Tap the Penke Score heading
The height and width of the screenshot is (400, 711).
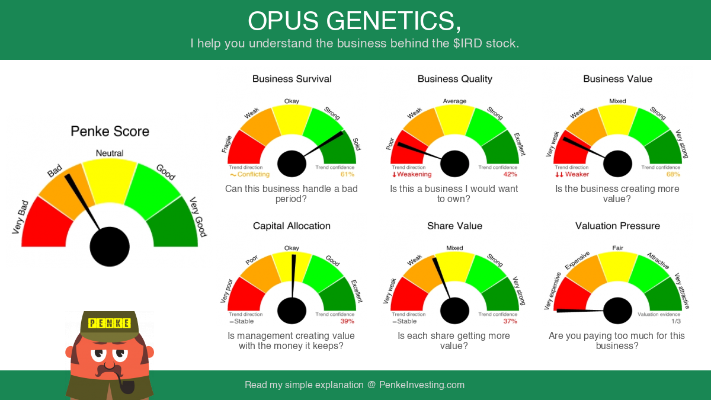pyautogui.click(x=110, y=132)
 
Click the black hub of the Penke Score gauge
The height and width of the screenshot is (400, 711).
pyautogui.click(x=110, y=247)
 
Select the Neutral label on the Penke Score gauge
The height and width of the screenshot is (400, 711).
pyautogui.click(x=110, y=153)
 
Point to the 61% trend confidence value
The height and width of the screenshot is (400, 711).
pyautogui.click(x=347, y=174)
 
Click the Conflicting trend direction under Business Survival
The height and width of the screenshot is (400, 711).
pyautogui.click(x=250, y=174)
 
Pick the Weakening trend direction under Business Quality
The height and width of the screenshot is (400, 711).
pyautogui.click(x=412, y=174)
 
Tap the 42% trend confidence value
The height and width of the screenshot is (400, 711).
pyautogui.click(x=510, y=174)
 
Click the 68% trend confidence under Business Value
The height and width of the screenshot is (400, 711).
pyautogui.click(x=673, y=174)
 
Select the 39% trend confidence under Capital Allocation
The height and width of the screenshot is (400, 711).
pyautogui.click(x=347, y=321)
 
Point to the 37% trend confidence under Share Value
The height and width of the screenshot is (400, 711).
pyautogui.click(x=510, y=321)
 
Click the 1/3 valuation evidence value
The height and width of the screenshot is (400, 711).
pyautogui.click(x=676, y=321)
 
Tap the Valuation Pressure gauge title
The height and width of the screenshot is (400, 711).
pyautogui.click(x=617, y=226)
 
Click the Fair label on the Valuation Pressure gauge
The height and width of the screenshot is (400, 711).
pyautogui.click(x=617, y=248)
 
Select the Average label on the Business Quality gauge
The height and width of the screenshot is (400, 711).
pyautogui.click(x=454, y=101)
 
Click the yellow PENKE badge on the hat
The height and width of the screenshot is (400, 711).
pyautogui.click(x=110, y=323)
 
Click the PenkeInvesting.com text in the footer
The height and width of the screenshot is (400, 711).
pyautogui.click(x=421, y=385)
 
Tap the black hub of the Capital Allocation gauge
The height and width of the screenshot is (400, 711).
pyautogui.click(x=292, y=311)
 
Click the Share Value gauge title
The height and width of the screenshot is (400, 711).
pyautogui.click(x=454, y=226)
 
